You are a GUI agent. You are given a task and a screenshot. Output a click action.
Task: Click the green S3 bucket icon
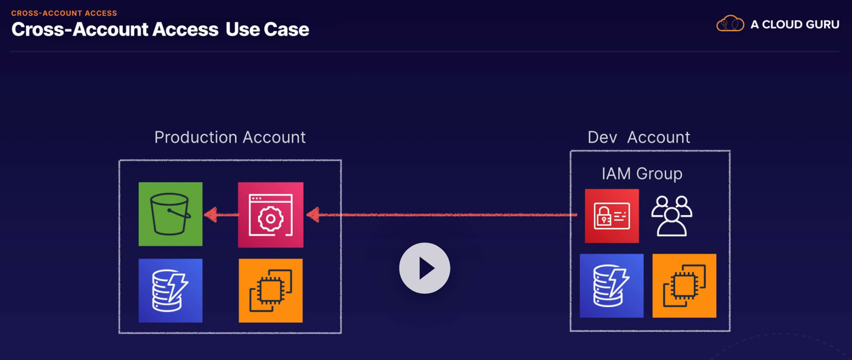click(170, 214)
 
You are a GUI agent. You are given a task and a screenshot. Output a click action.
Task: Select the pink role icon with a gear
click(271, 215)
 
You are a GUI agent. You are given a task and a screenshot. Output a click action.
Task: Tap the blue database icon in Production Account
click(170, 291)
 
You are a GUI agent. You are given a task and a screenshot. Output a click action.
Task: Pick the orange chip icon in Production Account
click(271, 291)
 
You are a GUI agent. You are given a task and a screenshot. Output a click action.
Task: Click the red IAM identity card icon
click(612, 216)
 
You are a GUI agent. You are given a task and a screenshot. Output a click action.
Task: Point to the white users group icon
click(672, 216)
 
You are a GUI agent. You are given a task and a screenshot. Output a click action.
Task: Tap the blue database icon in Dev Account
click(612, 286)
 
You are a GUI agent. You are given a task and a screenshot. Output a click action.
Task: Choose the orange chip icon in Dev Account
click(684, 286)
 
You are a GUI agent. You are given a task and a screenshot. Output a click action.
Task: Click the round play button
click(425, 268)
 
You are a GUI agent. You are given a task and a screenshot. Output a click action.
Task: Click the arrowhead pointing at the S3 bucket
click(210, 215)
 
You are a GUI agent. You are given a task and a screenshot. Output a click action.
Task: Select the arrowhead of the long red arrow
click(312, 215)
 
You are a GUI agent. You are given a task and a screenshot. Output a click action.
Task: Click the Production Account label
click(230, 138)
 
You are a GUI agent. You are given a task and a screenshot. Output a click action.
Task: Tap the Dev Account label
click(639, 138)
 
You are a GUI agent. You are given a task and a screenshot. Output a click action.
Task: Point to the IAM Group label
click(642, 174)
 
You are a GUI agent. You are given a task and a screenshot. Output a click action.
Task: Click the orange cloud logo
click(730, 24)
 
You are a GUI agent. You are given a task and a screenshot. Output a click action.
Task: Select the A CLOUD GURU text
click(795, 25)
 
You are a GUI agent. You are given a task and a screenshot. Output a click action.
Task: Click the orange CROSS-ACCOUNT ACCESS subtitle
click(64, 13)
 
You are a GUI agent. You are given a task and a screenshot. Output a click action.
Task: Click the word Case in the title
click(286, 29)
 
